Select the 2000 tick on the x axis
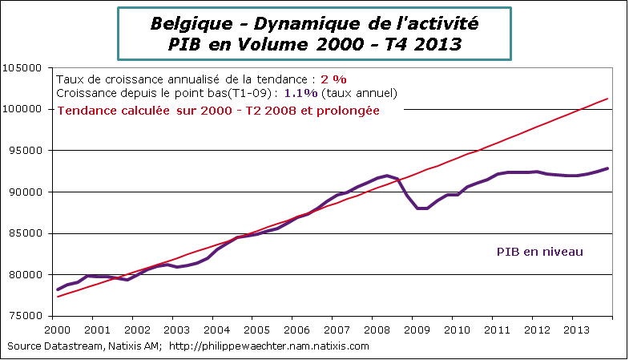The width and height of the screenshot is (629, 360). coord(57,330)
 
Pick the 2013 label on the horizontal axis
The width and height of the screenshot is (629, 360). coord(573,330)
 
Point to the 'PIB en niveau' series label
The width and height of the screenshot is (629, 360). coord(535,252)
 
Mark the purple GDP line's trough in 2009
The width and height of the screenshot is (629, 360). coord(421,208)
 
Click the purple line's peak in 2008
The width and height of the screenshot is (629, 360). coord(388,176)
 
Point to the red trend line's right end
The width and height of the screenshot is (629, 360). coord(607,99)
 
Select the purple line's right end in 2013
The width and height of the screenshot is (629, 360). coord(607,168)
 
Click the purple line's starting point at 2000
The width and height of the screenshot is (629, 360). coord(58,289)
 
